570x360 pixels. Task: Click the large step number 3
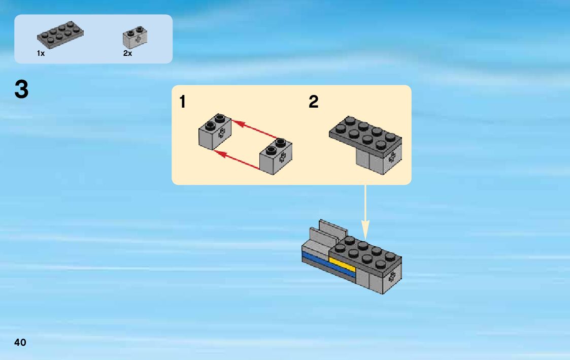pos(21,90)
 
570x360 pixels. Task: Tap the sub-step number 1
pos(182,103)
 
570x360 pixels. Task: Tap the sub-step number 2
pos(314,103)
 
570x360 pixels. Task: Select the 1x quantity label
pos(41,54)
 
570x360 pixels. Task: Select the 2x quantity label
pos(127,54)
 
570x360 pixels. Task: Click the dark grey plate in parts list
pos(60,35)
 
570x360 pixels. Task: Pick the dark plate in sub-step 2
pos(366,134)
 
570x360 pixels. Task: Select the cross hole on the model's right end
pos(392,277)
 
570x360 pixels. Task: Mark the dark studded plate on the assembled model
pos(365,254)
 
